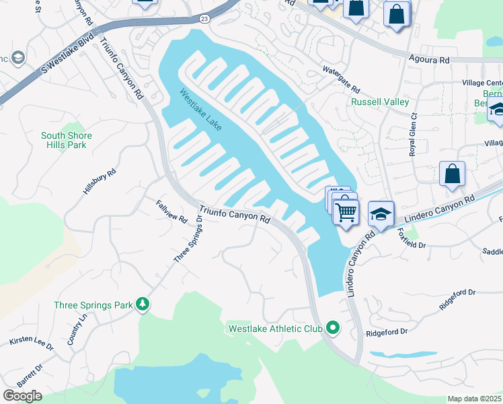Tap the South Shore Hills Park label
[x=67, y=140]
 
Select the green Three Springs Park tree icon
[x=143, y=304]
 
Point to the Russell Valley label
[x=380, y=102]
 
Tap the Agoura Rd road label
[x=428, y=61]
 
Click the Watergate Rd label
[x=341, y=79]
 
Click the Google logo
[x=22, y=396]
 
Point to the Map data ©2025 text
[x=474, y=399]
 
